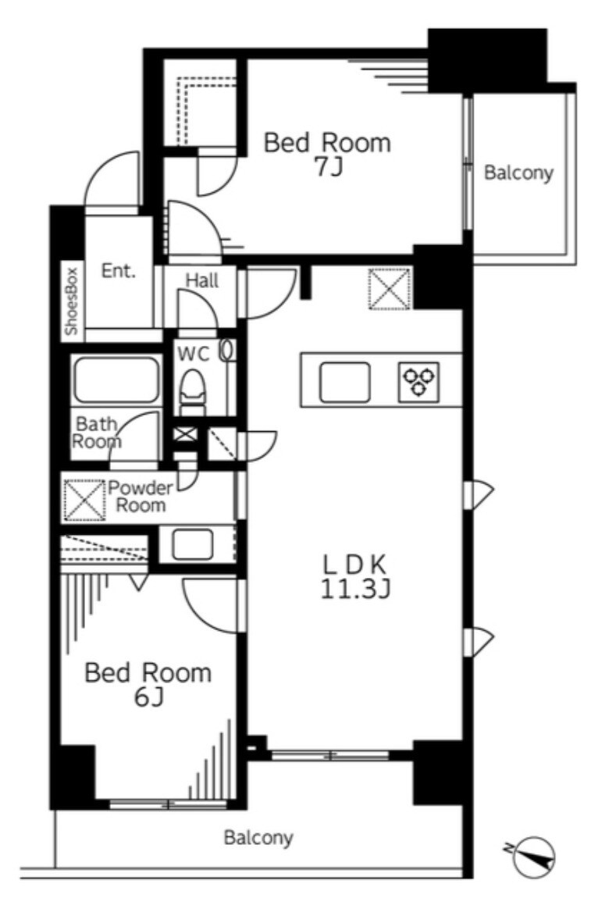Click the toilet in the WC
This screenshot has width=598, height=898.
point(193,391)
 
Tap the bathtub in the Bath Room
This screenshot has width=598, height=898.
point(115,380)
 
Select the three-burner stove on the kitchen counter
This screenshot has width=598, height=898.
point(419,381)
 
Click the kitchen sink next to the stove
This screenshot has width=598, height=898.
point(345,382)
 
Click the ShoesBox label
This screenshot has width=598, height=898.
point(72,301)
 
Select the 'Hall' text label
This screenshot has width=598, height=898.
point(202,280)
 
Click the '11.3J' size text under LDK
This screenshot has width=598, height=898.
point(354,590)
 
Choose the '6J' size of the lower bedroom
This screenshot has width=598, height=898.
point(149,697)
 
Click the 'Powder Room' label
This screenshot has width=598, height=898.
point(141,497)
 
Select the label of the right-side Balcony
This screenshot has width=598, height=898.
point(519,172)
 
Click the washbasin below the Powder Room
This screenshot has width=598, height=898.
point(193,544)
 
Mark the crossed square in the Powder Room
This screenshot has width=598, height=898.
point(84,501)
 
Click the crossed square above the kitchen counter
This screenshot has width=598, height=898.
point(390,289)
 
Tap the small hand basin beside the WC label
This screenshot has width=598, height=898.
point(227,351)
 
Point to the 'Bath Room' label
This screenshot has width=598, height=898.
point(98,433)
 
